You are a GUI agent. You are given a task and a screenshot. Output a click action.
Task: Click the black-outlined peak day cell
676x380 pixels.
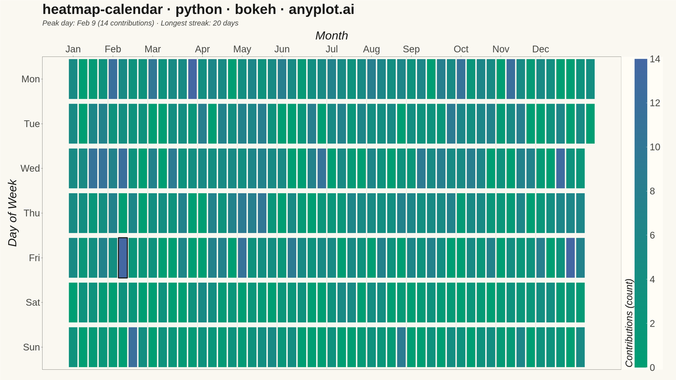pos(123,258)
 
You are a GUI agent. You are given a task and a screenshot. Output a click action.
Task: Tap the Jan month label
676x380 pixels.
pos(73,49)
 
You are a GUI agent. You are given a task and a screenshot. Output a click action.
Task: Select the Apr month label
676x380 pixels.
pos(202,49)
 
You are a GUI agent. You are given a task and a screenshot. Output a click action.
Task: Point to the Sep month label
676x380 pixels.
pos(411,49)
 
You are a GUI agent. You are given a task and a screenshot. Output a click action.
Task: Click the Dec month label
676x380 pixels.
pos(540,49)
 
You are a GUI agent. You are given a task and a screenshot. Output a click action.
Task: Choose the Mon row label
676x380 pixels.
pos(30,79)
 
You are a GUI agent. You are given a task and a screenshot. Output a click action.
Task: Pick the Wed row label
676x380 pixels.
pos(30,168)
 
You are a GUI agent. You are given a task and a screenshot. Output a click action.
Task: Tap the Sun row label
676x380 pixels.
pos(32,347)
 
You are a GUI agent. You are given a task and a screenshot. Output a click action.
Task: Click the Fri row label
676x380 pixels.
pos(34,258)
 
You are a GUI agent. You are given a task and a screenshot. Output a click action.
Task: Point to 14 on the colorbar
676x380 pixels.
pos(655,59)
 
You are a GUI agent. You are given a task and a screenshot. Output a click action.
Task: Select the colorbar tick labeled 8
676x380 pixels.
pos(652,191)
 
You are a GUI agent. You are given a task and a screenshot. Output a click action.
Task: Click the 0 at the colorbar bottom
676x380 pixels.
pos(652,368)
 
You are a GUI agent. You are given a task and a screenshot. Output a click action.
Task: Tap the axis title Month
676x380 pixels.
pos(332,35)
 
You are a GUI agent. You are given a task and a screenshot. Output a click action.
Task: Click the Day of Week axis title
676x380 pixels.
pos(12,213)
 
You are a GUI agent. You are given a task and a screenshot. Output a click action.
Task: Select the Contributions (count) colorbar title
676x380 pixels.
pos(629,323)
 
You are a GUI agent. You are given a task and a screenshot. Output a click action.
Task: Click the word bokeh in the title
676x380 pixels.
pos(255,10)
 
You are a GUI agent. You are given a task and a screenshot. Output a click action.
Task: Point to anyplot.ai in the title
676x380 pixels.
pos(322,10)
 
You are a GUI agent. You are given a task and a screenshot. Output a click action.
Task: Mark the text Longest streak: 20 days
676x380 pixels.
pos(199,23)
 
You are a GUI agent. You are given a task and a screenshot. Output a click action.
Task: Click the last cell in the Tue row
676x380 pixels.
pos(590,124)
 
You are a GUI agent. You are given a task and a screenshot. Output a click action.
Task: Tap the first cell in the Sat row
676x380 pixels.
pos(73,302)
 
